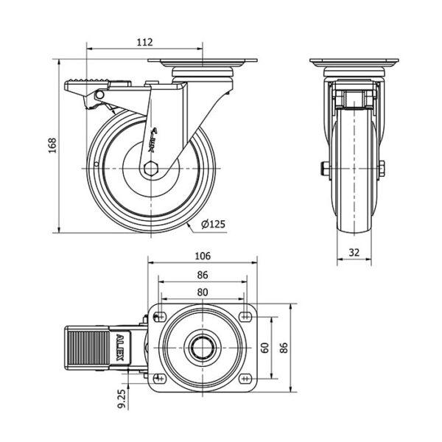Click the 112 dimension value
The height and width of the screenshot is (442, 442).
pos(144,42)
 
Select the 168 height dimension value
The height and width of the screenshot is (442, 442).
pos(52,146)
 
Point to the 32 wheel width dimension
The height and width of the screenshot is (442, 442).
pos(354,252)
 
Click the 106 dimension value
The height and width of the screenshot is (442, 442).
pos(203,256)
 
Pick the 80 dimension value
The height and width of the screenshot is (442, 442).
pos(203,292)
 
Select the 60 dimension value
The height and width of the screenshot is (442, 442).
pos(264,347)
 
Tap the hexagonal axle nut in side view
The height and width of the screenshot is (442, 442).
pos(152,167)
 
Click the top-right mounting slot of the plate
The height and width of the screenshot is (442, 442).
pos(245,317)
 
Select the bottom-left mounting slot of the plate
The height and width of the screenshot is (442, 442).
pos(159,379)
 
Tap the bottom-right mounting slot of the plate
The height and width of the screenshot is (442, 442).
pos(245,379)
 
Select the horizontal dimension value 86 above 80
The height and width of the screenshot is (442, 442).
pos(203,275)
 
